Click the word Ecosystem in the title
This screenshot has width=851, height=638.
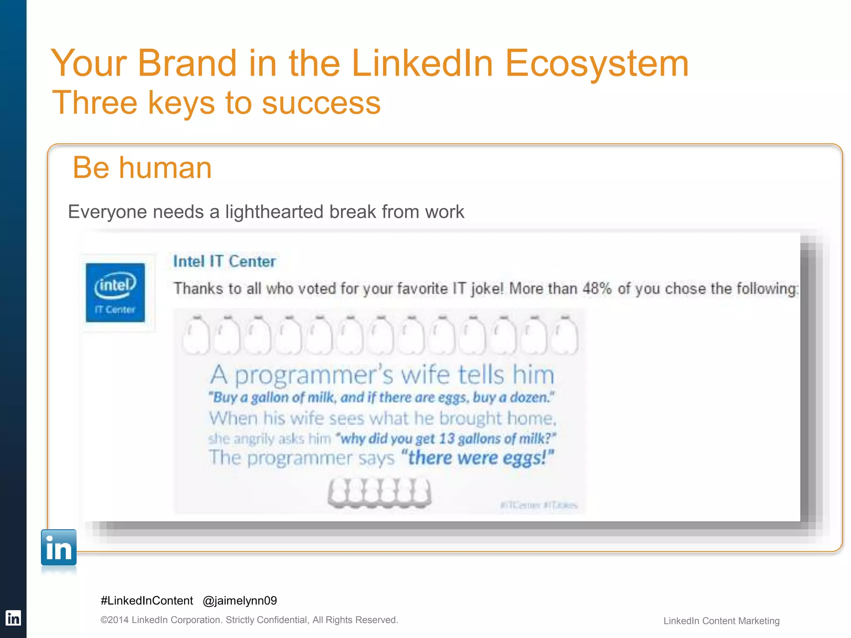[597, 63]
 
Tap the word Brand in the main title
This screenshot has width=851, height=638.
[187, 63]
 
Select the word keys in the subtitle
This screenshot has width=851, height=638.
[181, 103]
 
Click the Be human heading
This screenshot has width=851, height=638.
[142, 168]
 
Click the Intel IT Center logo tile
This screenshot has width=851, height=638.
[116, 292]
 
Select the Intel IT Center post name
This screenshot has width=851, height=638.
[224, 262]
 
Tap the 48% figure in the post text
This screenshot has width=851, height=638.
[597, 288]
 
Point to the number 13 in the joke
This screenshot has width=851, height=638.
[447, 439]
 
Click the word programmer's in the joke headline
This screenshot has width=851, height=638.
[314, 375]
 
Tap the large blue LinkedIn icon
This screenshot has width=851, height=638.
[59, 548]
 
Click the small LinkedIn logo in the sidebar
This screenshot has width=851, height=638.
[13, 618]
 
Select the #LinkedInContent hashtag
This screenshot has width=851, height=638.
[147, 601]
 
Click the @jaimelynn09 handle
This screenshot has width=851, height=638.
[240, 601]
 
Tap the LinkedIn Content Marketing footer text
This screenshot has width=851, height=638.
[721, 621]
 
